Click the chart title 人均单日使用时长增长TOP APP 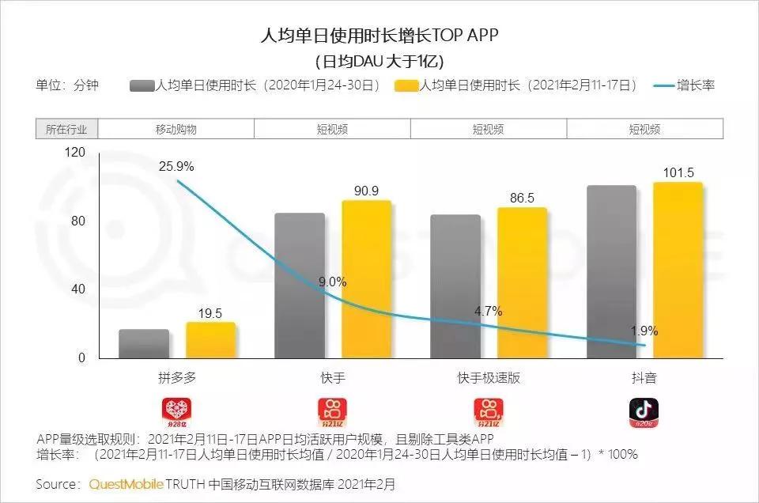[x=379, y=36]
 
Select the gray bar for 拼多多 [x=144, y=344]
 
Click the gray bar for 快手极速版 [x=455, y=286]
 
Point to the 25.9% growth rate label [x=176, y=167]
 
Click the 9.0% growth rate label [x=331, y=282]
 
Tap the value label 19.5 [x=211, y=313]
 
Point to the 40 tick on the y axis [x=78, y=289]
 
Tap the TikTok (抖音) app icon [x=644, y=410]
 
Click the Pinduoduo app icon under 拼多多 [x=177, y=410]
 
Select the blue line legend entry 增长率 [x=685, y=85]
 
